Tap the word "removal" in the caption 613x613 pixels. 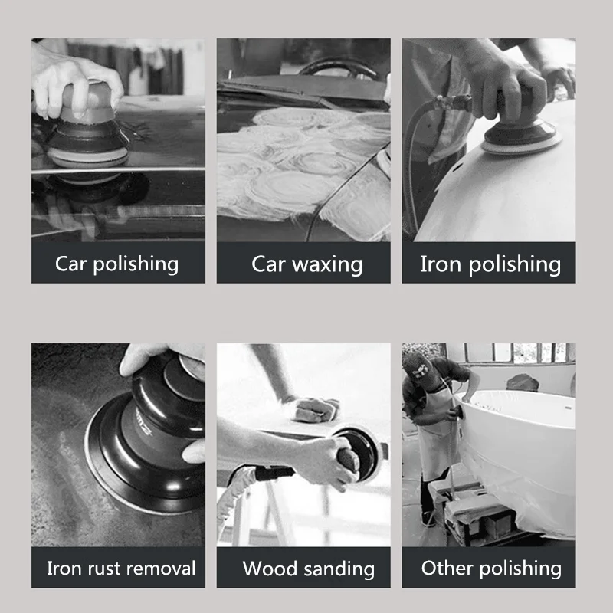pyautogui.click(x=165, y=569)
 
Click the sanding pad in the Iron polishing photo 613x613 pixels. pyautogui.click(x=520, y=142)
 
